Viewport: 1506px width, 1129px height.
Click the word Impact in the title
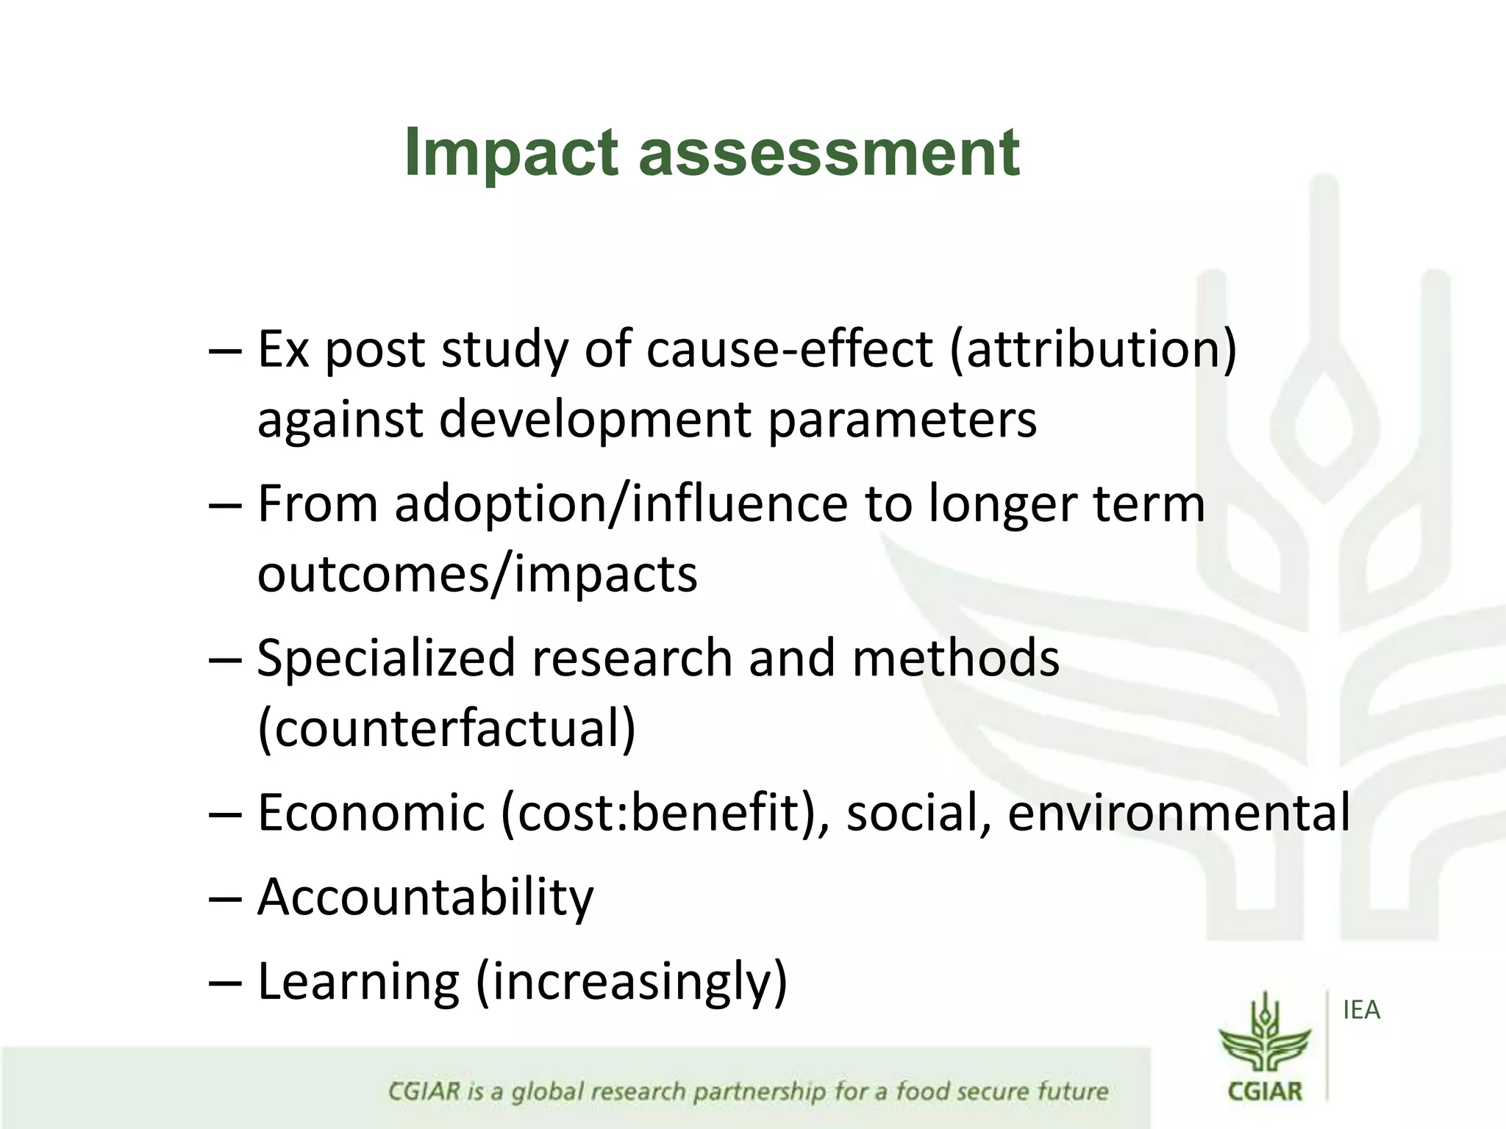point(510,153)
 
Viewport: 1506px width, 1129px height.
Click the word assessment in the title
point(829,153)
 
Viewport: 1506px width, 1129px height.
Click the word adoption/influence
point(621,504)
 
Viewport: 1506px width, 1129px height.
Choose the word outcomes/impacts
point(477,574)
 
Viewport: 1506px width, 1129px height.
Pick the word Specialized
point(386,658)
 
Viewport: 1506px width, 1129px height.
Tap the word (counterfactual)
point(446,728)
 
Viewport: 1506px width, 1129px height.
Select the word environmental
point(1179,813)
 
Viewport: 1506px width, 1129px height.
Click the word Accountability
point(425,897)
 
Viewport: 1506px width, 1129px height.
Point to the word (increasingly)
point(632,982)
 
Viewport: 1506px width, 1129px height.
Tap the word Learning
point(359,982)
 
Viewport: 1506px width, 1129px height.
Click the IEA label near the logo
point(1361,1011)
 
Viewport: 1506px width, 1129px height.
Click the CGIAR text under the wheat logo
point(1265,1091)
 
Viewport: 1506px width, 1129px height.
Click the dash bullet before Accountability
point(224,898)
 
